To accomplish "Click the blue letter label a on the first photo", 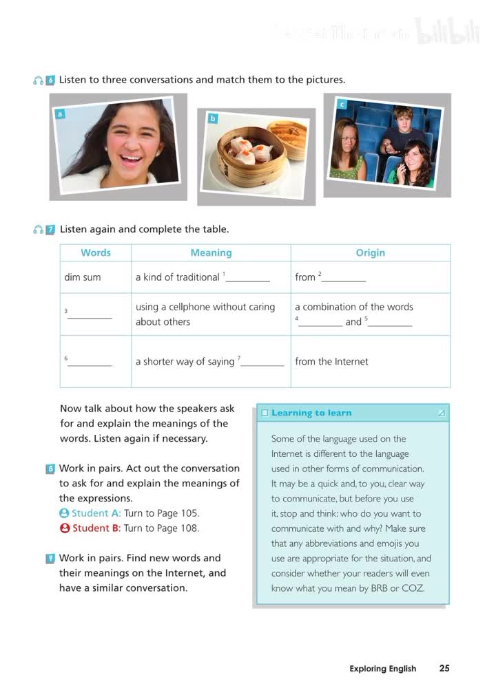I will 61,114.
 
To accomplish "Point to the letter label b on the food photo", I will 213,118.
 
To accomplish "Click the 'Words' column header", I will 96,252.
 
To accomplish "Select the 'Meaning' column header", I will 211,252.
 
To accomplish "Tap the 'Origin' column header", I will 370,252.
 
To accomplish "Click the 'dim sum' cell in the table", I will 83,277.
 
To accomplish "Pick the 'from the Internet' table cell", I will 331,361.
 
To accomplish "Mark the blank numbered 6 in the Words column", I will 90,362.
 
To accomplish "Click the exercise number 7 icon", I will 50,230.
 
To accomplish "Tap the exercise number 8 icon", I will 50,469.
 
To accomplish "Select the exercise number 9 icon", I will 50,558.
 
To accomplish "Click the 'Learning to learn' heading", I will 311,413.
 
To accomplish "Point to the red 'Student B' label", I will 96,528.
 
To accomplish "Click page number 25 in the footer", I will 444,668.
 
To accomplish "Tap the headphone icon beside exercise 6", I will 38,80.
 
